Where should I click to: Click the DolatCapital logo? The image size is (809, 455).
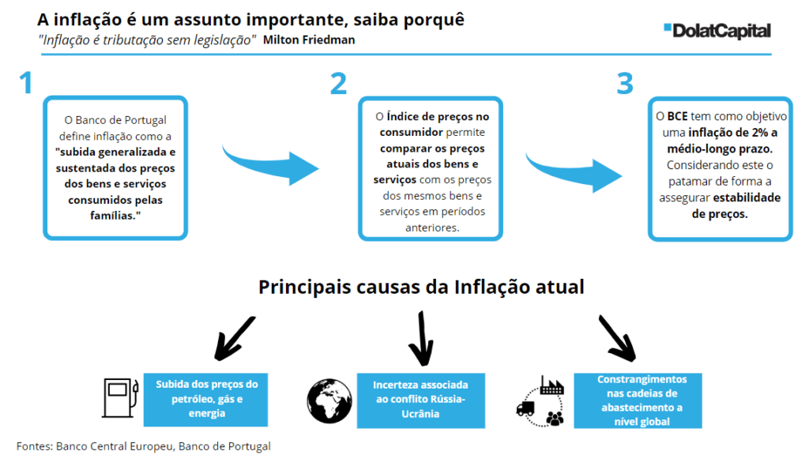coord(717,31)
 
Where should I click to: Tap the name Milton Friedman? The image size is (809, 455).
coord(309,39)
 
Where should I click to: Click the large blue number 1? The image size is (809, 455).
coord(26,83)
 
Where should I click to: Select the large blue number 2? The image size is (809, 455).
coord(338,84)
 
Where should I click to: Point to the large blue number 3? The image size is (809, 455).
coord(625,84)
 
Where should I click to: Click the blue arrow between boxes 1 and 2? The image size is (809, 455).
coord(270,165)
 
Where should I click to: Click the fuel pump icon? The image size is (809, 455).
coord(120,398)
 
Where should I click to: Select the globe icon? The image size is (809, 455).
coord(329,401)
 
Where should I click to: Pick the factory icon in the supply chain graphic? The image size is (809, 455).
coord(551,385)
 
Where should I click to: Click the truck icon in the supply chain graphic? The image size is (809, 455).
coord(525,409)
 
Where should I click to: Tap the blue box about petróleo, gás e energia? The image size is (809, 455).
coord(205,399)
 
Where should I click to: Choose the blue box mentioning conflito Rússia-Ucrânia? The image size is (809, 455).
coord(420,400)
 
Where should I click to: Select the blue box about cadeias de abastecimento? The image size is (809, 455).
coord(638,400)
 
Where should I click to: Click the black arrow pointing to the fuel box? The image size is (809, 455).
coord(233,339)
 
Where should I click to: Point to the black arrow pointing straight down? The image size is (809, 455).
coord(422,338)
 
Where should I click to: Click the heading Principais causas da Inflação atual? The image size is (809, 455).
coord(421,287)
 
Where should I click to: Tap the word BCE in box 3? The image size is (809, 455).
coord(677,117)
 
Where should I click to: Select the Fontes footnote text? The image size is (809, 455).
coord(144,446)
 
